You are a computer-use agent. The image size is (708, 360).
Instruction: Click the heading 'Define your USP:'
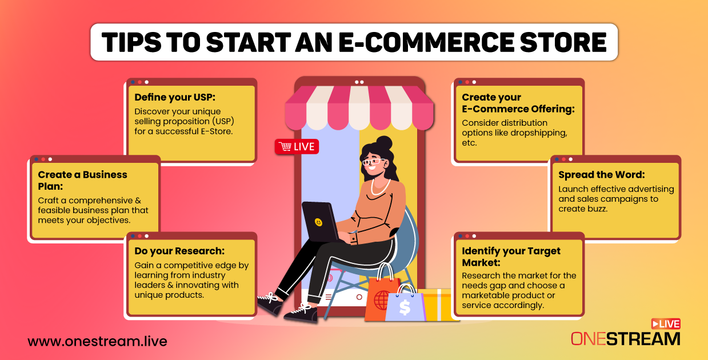(x=175, y=97)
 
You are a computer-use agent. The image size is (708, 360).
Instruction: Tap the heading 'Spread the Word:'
(x=602, y=174)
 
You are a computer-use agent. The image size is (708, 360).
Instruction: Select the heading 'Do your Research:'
(x=179, y=251)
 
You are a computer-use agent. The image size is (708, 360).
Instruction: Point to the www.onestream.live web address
(x=97, y=341)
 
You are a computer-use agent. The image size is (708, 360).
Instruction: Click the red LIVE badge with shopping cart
(x=297, y=147)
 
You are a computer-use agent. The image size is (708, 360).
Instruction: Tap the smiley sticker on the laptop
(x=318, y=222)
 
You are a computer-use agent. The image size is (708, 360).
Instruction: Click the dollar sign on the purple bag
(x=405, y=307)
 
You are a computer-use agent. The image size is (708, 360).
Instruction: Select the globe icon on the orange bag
(x=382, y=300)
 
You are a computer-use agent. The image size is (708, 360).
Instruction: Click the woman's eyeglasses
(x=374, y=162)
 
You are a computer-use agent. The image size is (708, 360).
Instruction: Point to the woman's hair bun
(x=385, y=143)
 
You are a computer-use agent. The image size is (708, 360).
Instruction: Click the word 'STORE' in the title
(x=563, y=42)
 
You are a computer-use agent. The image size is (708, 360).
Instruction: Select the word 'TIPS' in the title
(x=131, y=42)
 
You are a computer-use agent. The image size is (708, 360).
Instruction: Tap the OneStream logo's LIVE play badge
(x=666, y=324)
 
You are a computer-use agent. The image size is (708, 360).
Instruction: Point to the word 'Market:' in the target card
(x=481, y=263)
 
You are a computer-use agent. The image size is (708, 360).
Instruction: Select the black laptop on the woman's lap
(x=320, y=222)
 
